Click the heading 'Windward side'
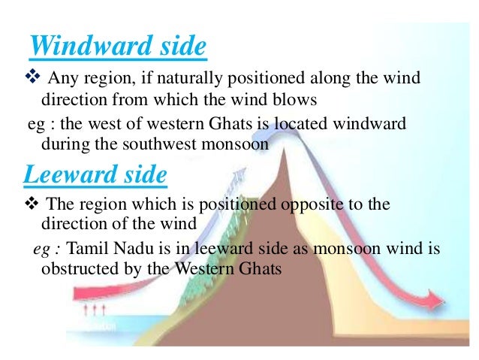117,47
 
